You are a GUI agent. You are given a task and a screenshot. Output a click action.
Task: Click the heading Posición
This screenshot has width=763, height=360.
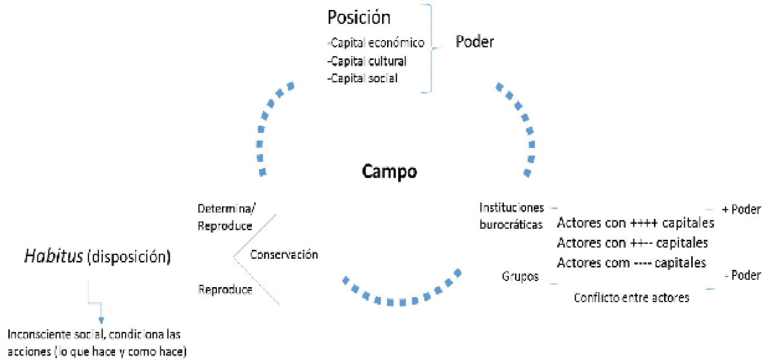359,18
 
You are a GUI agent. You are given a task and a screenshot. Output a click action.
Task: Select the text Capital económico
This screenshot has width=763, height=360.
376,43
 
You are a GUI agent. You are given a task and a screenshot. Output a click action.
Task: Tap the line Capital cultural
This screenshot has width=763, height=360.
367,61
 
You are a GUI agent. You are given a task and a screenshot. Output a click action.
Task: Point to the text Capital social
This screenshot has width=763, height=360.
363,78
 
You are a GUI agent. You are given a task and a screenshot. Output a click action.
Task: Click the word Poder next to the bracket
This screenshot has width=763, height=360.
474,42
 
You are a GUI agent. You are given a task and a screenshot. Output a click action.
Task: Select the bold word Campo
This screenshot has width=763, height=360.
389,171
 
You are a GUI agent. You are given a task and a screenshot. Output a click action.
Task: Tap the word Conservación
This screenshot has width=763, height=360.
284,255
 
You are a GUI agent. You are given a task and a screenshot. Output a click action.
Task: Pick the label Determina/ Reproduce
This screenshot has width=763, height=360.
225,218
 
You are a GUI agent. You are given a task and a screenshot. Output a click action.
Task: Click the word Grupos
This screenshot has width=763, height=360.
520,277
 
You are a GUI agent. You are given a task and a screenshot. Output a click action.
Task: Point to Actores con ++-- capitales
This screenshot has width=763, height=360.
632,243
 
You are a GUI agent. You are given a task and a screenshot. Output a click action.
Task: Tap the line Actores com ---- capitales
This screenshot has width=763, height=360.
631,262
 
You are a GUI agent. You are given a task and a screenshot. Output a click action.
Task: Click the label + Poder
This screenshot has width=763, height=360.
740,210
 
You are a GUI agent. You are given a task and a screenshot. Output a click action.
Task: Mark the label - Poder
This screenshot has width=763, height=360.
742,275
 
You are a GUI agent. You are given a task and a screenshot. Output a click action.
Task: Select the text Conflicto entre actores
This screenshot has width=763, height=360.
631,298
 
